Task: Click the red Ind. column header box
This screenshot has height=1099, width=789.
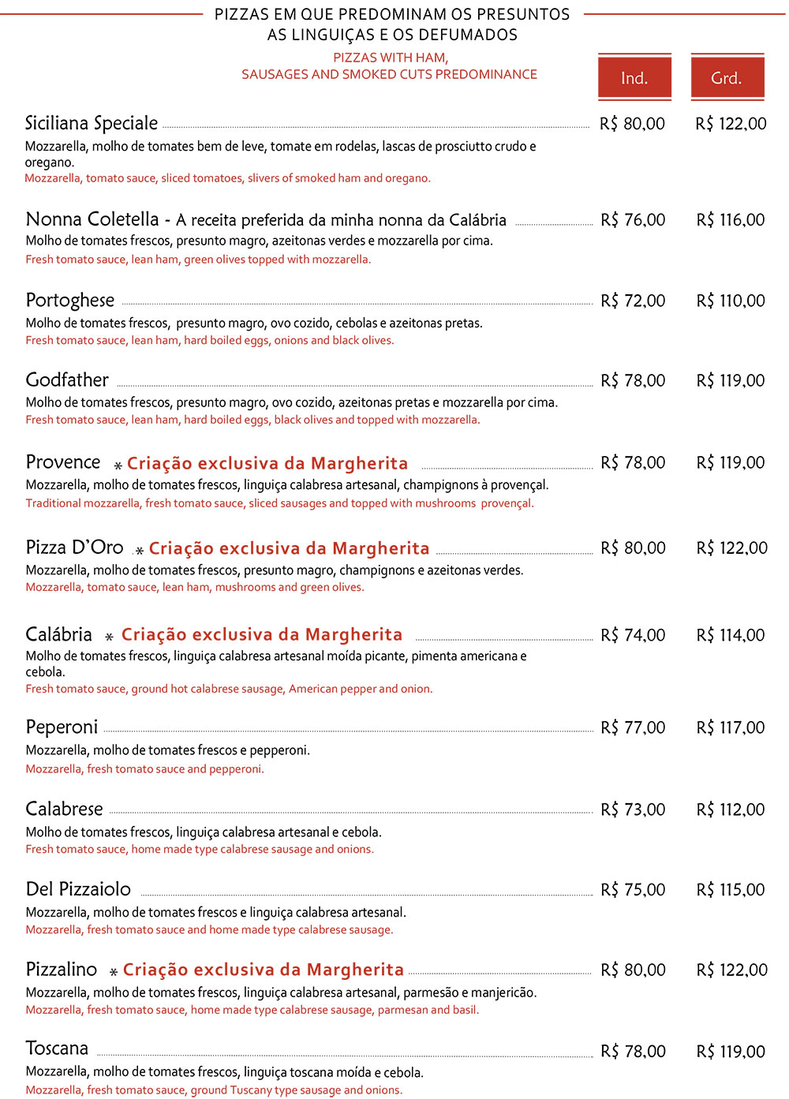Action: coord(634,77)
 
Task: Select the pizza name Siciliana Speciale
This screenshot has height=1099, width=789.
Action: coord(92,124)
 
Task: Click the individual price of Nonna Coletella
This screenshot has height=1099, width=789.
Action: coord(633,220)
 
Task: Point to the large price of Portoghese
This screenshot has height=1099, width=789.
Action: coord(731,301)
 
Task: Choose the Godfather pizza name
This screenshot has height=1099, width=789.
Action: coord(67,380)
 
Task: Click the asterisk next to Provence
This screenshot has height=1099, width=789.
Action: coord(118,465)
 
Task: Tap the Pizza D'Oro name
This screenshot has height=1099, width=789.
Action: coord(75,548)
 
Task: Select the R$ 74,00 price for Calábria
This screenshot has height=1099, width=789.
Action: coord(633,635)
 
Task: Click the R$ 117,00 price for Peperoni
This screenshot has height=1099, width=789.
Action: coord(731,727)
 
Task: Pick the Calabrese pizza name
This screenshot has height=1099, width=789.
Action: coord(65,809)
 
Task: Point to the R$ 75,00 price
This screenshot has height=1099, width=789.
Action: coord(633,890)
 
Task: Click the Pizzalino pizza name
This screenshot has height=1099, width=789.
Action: coord(62,970)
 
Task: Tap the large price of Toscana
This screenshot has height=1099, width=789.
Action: coord(731,1052)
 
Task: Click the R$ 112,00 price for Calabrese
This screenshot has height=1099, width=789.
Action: coord(731,809)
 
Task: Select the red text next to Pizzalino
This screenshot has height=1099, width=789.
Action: coord(264,970)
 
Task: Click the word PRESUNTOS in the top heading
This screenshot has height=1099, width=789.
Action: coord(530,14)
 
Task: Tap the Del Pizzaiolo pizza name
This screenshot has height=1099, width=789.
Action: coord(78,890)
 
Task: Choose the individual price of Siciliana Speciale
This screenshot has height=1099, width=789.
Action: coord(633,124)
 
